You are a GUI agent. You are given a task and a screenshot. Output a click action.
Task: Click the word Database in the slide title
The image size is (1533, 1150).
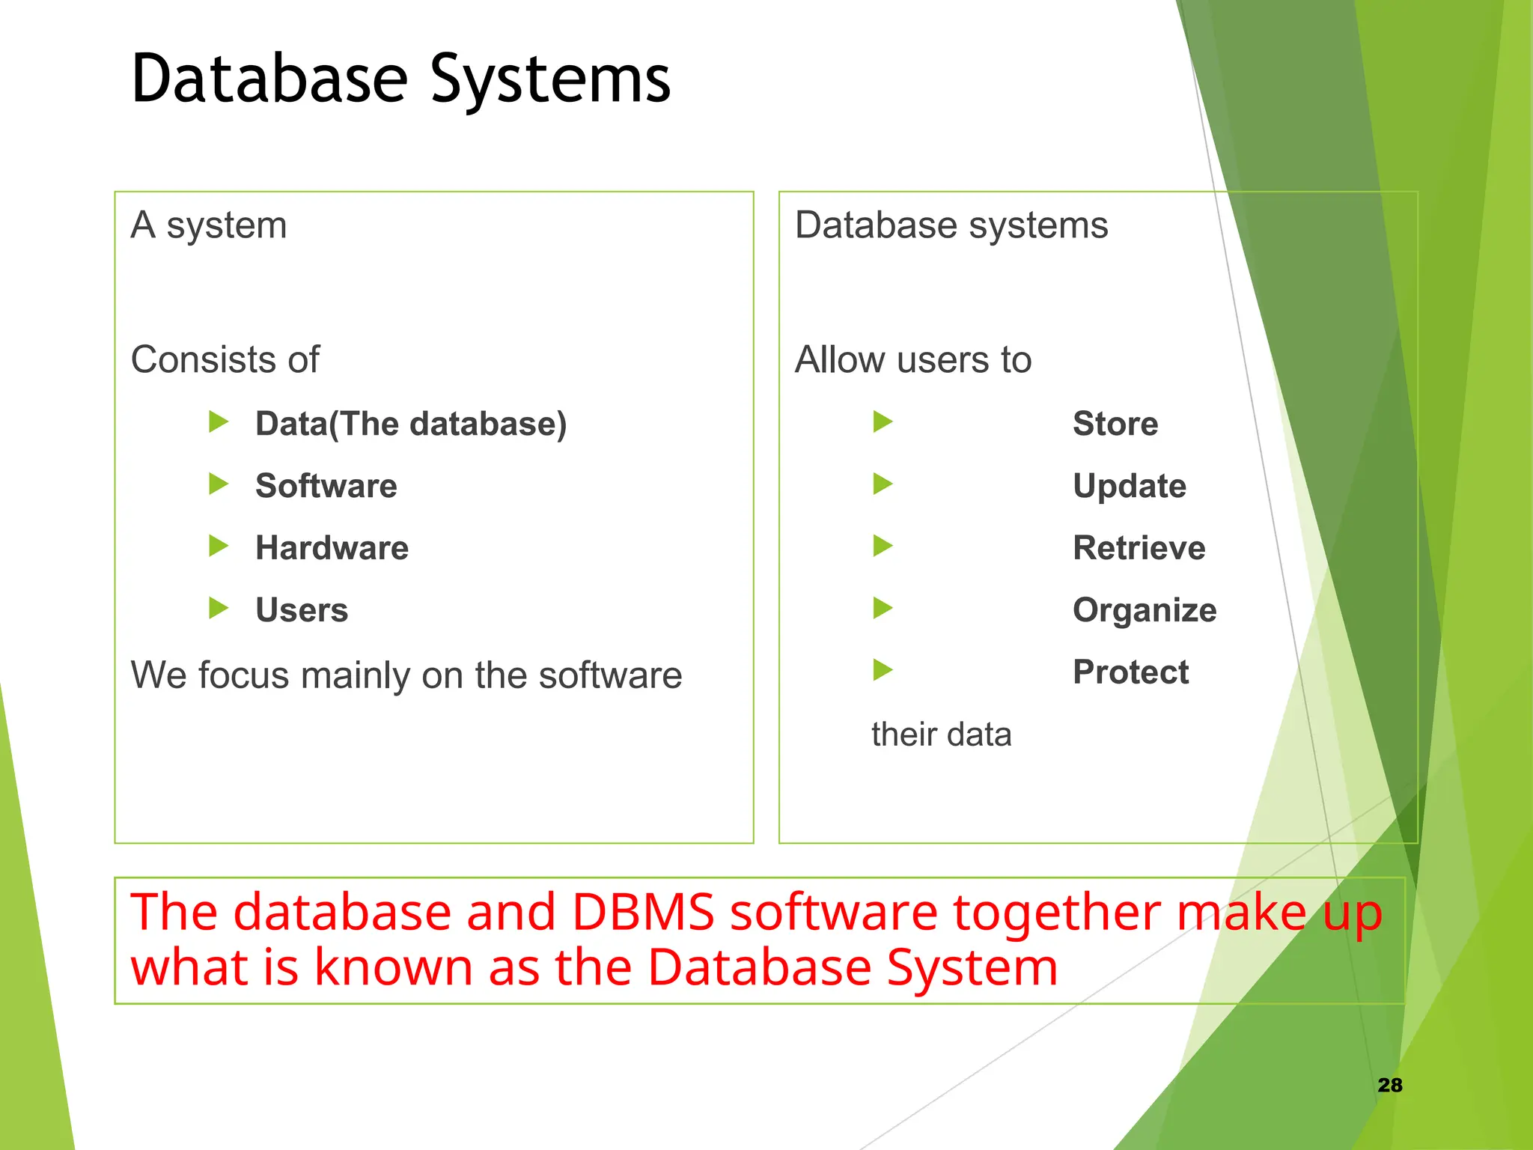269,79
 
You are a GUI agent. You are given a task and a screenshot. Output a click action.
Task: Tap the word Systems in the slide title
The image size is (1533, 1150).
550,79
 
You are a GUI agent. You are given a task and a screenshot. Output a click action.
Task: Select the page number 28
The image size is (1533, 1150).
1389,1085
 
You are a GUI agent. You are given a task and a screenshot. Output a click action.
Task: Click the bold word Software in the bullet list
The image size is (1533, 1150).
326,486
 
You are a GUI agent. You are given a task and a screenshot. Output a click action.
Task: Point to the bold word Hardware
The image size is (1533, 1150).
332,548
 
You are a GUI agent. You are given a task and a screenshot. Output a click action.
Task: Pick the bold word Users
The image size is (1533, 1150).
302,610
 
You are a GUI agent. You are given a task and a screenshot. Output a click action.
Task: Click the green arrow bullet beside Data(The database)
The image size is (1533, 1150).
219,422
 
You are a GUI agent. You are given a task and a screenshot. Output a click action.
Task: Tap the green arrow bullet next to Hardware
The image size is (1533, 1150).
219,547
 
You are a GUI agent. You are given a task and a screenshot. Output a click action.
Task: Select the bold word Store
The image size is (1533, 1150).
1115,424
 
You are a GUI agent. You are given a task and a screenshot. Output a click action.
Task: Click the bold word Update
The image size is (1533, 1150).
1130,486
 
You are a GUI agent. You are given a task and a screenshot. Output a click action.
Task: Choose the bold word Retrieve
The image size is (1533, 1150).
1139,548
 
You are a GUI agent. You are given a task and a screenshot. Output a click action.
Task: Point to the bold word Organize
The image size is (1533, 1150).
1145,611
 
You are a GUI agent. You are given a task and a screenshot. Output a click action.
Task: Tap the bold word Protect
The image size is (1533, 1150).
1130,672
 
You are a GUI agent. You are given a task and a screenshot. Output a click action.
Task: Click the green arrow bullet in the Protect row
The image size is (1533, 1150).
883,670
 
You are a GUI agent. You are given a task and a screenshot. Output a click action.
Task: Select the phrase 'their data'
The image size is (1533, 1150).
941,734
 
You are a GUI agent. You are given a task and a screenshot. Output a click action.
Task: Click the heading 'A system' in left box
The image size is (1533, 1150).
209,225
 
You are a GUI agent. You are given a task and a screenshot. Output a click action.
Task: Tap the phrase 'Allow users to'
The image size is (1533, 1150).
913,360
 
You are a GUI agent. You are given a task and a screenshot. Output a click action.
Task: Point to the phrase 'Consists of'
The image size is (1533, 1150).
225,360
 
